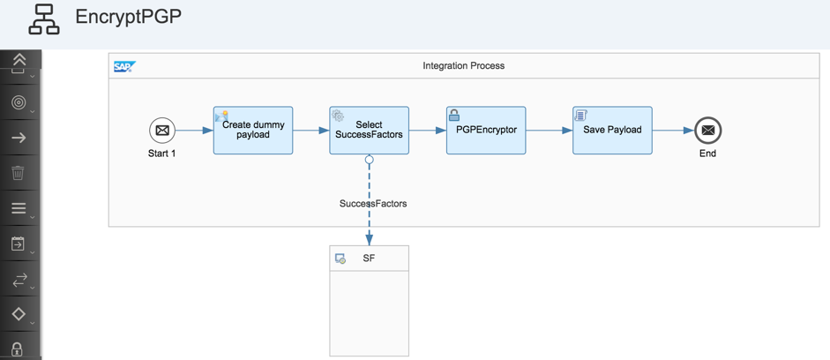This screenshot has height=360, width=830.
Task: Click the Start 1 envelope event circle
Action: tap(162, 131)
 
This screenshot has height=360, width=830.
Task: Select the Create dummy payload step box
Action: tap(253, 131)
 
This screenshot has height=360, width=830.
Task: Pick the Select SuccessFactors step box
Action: tap(369, 131)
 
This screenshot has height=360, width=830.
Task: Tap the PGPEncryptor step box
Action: tap(486, 131)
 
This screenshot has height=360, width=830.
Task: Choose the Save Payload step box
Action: tap(612, 131)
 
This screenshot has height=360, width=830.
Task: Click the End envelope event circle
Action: tap(707, 131)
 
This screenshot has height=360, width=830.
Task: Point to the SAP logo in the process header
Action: tap(125, 66)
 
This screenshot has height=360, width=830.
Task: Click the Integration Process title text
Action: tap(464, 65)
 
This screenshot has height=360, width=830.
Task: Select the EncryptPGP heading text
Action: tap(129, 17)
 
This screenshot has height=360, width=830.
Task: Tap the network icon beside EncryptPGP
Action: tap(44, 20)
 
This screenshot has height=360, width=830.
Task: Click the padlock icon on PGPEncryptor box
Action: tap(454, 115)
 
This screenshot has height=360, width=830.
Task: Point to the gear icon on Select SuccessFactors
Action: tap(338, 115)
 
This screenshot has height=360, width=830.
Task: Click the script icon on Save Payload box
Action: tap(580, 115)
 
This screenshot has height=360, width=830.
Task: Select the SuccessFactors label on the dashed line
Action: tap(373, 203)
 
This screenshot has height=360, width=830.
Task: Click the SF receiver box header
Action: tap(369, 259)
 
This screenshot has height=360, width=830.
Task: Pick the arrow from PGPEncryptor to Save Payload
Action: tap(550, 131)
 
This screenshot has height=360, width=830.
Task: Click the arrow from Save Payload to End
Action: tap(673, 131)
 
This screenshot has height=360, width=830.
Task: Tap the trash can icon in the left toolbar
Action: tap(18, 173)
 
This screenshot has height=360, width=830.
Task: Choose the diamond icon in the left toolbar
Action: tap(19, 314)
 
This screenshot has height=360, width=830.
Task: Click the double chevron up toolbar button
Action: tap(19, 59)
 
